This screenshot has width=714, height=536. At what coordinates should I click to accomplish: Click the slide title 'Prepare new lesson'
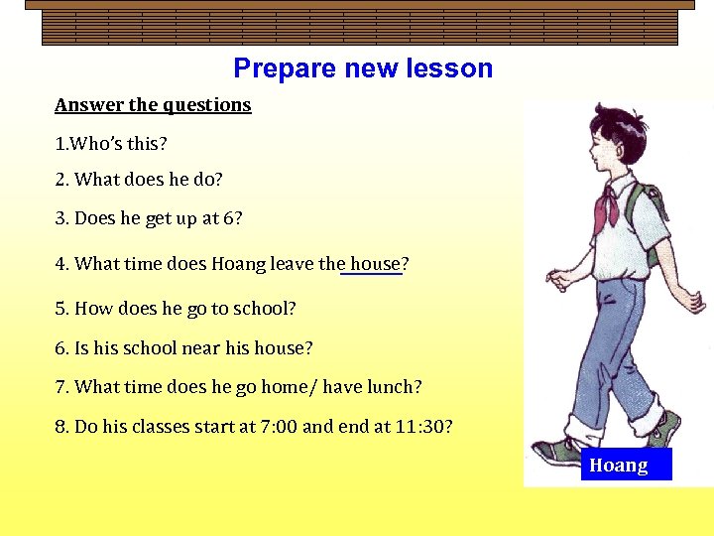363,68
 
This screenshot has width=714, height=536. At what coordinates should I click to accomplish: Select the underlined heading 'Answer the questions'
153,105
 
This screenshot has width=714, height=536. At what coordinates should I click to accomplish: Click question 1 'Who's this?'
111,144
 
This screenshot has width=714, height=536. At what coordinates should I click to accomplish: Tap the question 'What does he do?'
139,180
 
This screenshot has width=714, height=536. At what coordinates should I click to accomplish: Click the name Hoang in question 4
237,264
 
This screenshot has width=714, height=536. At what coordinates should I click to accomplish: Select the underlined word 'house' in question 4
375,264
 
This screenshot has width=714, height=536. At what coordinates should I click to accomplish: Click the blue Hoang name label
626,465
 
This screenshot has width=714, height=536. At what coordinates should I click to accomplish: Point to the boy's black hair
615,125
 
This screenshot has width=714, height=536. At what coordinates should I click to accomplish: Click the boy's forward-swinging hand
559,280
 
